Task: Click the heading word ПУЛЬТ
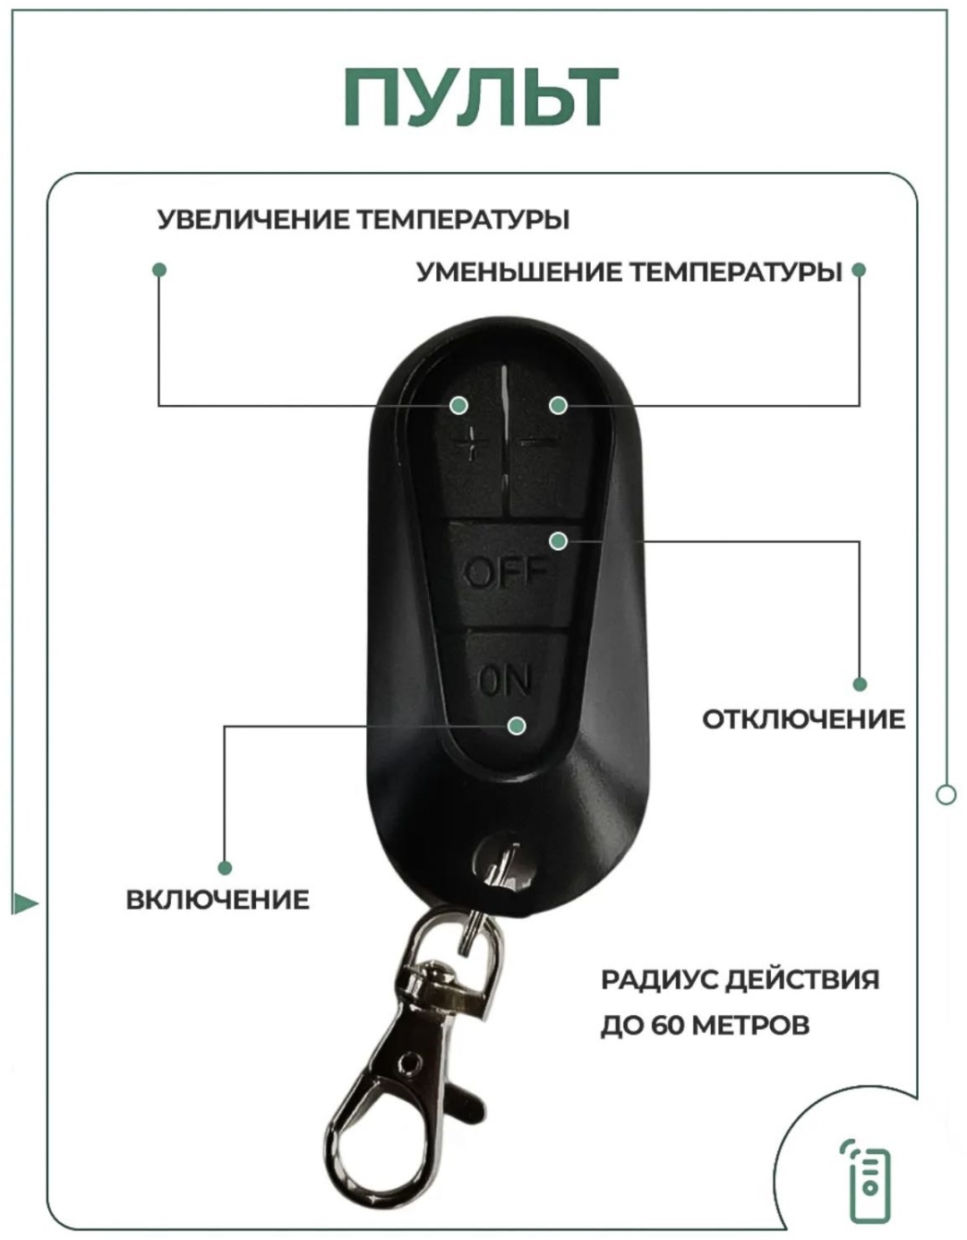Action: point(481,97)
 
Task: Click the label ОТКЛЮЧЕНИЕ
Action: point(803,719)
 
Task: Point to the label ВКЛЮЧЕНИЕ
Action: point(218,900)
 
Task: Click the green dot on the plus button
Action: point(458,405)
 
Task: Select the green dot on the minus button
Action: point(558,405)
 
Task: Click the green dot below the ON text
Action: point(518,726)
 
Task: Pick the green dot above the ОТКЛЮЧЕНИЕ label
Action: point(860,685)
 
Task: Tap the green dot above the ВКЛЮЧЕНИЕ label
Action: point(226,868)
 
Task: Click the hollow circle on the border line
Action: point(946,795)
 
